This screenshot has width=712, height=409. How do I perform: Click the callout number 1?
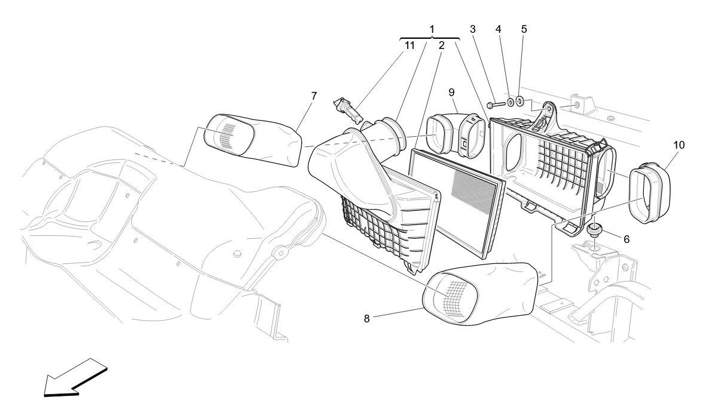pyautogui.click(x=432, y=29)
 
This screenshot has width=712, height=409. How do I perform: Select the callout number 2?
pyautogui.click(x=441, y=45)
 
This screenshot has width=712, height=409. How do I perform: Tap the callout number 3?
pyautogui.click(x=473, y=29)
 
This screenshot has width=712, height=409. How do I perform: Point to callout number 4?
pyautogui.click(x=498, y=29)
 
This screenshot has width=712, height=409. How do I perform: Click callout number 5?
pyautogui.click(x=524, y=29)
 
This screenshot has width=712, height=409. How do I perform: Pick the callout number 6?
pyautogui.click(x=626, y=239)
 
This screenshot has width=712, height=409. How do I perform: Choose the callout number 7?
pyautogui.click(x=313, y=96)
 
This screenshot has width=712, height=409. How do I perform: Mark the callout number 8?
pyautogui.click(x=367, y=318)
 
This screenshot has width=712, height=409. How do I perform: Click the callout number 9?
pyautogui.click(x=451, y=92)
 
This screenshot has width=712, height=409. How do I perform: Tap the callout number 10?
pyautogui.click(x=679, y=144)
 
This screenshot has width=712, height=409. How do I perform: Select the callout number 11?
pyautogui.click(x=410, y=45)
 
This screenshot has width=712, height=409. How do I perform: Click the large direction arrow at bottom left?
pyautogui.click(x=75, y=379)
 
